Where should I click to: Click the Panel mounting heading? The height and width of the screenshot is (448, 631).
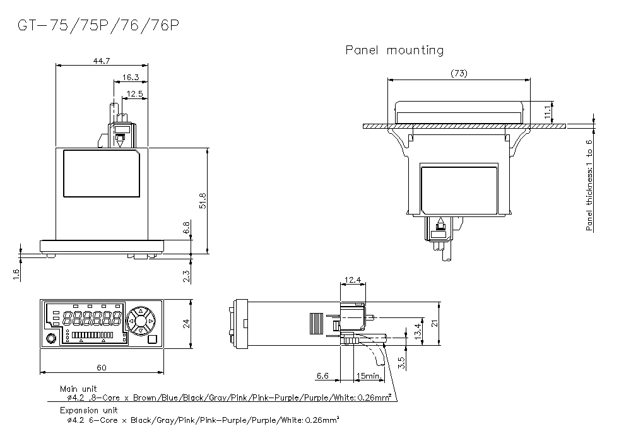pyautogui.click(x=394, y=50)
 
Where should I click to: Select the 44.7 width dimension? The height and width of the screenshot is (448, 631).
pyautogui.click(x=102, y=61)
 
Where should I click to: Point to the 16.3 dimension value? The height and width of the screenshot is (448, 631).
pyautogui.click(x=131, y=77)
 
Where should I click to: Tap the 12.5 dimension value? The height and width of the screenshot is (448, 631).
pyautogui.click(x=135, y=94)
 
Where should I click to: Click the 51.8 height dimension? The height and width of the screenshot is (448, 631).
pyautogui.click(x=203, y=201)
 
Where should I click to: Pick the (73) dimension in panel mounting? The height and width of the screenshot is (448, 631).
pyautogui.click(x=459, y=74)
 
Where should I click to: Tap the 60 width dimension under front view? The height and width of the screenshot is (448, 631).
pyautogui.click(x=102, y=368)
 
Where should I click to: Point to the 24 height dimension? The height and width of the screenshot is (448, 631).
pyautogui.click(x=187, y=323)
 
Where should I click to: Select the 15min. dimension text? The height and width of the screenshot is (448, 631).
pyautogui.click(x=369, y=376)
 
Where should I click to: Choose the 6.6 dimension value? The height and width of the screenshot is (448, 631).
pyautogui.click(x=322, y=376)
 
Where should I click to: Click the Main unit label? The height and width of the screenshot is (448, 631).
pyautogui.click(x=78, y=389)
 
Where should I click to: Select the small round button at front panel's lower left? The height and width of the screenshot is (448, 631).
pyautogui.click(x=51, y=339)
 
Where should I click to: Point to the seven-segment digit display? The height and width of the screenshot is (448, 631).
pyautogui.click(x=96, y=317)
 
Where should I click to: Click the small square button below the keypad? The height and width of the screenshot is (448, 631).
pyautogui.click(x=151, y=339)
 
